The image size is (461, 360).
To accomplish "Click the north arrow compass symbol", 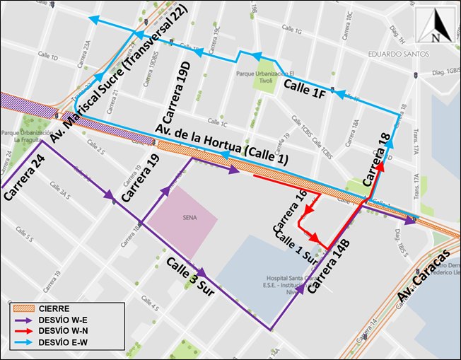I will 436,26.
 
